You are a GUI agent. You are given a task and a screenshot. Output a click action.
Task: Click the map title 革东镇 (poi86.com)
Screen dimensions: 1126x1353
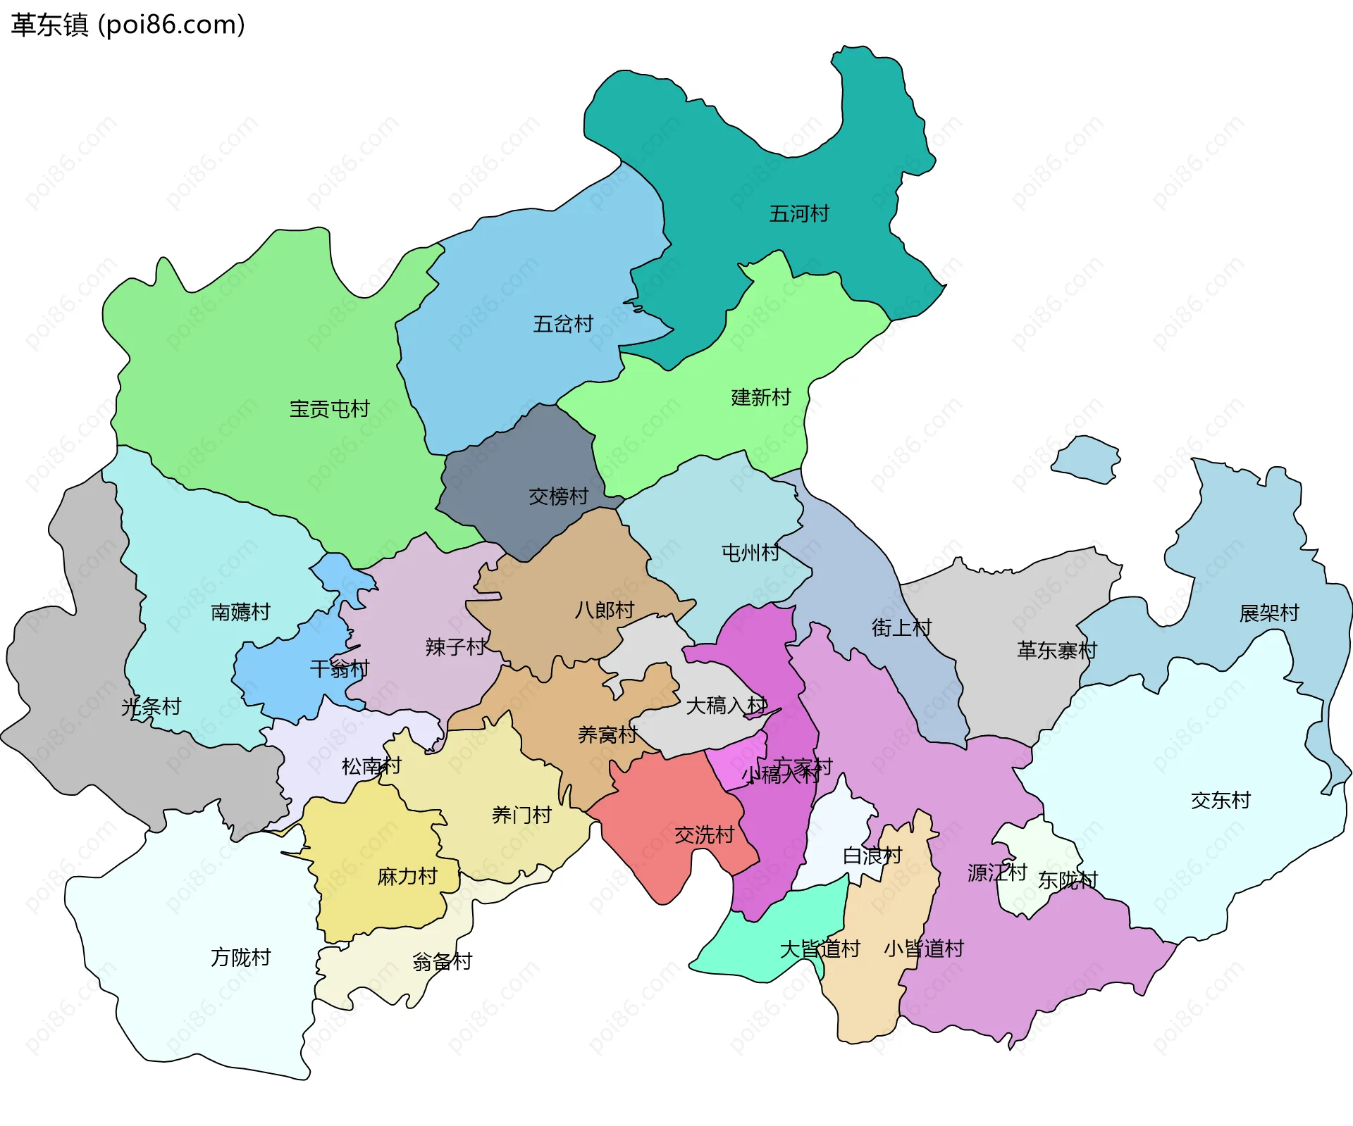click(x=128, y=25)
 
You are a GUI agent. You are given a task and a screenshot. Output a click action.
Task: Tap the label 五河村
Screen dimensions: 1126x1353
click(x=799, y=213)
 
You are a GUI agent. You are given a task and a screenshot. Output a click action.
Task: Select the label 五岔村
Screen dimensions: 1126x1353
click(x=563, y=324)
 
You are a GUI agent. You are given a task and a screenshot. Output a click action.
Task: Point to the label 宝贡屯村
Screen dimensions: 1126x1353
click(x=329, y=408)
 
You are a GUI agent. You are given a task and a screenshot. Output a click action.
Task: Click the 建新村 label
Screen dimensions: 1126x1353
click(x=761, y=397)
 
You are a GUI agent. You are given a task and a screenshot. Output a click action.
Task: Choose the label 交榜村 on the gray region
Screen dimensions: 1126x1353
click(x=558, y=496)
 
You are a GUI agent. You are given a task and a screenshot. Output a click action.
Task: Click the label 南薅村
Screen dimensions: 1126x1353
click(x=240, y=612)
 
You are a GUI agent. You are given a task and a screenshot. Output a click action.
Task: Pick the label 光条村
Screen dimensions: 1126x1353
click(x=151, y=706)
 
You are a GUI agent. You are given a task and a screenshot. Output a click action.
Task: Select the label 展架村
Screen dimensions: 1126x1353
click(x=1269, y=613)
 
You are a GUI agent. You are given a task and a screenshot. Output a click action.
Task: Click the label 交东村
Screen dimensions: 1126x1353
click(x=1221, y=800)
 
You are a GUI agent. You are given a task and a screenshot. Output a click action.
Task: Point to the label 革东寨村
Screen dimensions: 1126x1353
click(x=1057, y=650)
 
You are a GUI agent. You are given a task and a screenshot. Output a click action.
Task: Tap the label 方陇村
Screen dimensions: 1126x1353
click(x=240, y=957)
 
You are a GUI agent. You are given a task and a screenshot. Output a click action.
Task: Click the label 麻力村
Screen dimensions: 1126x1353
click(x=407, y=876)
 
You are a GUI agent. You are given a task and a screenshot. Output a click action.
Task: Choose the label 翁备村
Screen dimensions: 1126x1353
click(x=442, y=961)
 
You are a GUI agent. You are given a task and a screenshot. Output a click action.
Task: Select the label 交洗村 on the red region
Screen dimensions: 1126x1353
click(x=704, y=834)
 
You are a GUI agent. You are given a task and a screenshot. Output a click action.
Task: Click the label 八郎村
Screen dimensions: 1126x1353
click(x=605, y=610)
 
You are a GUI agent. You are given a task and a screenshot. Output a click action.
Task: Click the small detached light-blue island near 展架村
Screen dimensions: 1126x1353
click(x=1085, y=460)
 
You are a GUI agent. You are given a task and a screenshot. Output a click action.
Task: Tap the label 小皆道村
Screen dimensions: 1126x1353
click(x=924, y=949)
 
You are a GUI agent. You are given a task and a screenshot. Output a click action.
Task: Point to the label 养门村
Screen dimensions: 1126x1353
click(x=521, y=815)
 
